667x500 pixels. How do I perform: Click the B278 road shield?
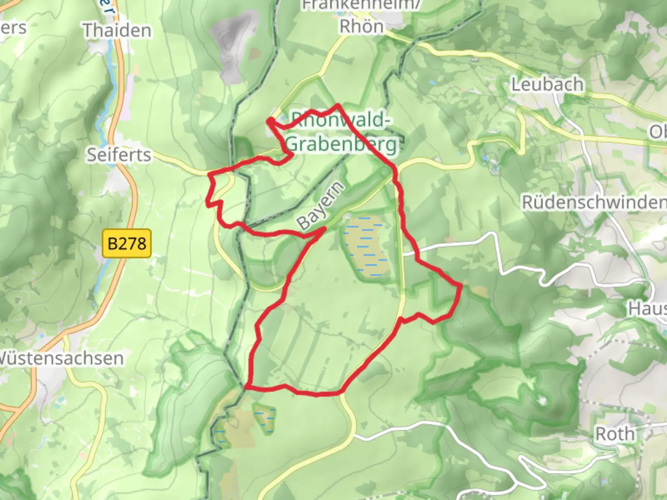[127, 243]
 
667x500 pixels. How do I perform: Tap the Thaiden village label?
[117, 31]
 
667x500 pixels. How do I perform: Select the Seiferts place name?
[119, 155]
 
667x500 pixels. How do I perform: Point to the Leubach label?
[547, 84]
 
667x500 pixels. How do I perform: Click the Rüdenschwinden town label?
[594, 202]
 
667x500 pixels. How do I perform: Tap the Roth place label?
[615, 434]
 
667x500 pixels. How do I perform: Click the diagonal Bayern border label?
[321, 206]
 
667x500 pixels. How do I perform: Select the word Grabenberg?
[341, 144]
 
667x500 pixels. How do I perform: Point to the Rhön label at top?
[361, 26]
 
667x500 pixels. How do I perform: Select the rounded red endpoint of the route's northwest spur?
[269, 121]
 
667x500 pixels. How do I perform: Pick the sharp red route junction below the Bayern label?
[324, 229]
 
